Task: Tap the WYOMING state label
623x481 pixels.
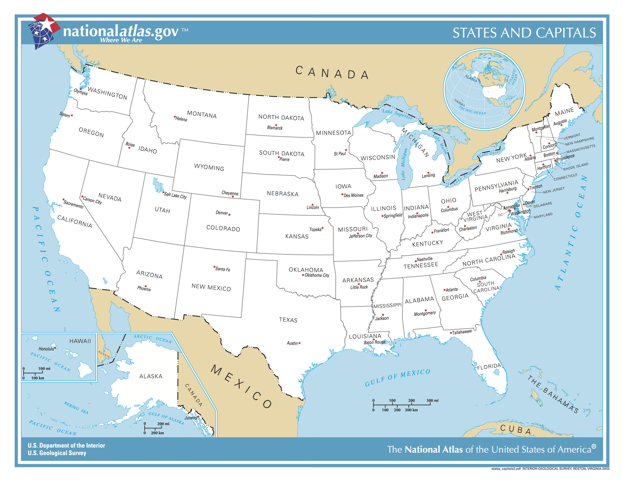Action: [x=209, y=167]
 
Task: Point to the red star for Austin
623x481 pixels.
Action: [x=300, y=343]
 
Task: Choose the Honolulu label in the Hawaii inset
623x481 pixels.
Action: [x=46, y=349]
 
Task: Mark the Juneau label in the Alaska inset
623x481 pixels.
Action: [x=190, y=418]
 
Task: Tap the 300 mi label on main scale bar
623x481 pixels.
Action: [x=432, y=400]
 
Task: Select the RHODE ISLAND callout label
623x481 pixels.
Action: [x=575, y=167]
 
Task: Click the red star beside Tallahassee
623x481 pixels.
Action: [x=451, y=333]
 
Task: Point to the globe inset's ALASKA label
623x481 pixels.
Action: [x=471, y=78]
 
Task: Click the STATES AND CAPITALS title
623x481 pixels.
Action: [x=524, y=33]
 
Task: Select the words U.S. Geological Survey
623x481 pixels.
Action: [x=57, y=453]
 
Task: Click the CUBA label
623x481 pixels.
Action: [x=515, y=429]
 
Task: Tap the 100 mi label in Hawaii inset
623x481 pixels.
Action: [x=44, y=368]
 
